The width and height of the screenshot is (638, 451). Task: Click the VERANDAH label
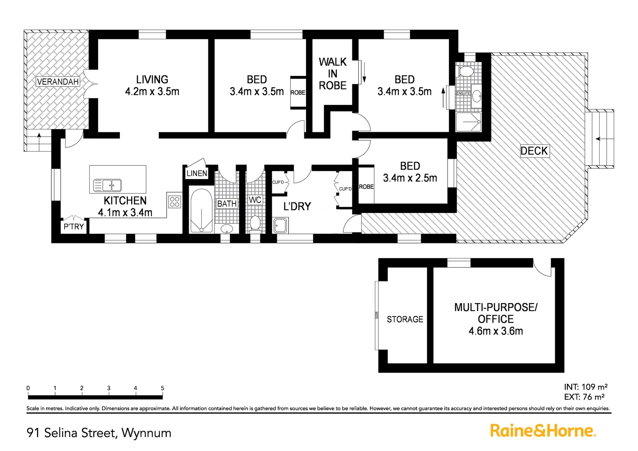coord(58,81)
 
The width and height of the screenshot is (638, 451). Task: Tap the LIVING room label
coord(152,79)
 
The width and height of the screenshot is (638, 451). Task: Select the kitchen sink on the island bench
coord(107,185)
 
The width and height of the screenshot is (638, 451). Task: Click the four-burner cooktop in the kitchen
coord(175,201)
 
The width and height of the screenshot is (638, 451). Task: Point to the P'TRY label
coord(73,227)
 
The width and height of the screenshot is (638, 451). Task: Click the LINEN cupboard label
coord(196,173)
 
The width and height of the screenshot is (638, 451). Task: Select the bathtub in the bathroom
coord(201,211)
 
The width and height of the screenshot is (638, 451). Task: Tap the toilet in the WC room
coord(255,223)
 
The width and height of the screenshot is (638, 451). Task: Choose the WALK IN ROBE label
coord(332,74)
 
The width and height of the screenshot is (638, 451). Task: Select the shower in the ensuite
coord(468,122)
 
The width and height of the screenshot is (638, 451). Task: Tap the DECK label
coord(534,151)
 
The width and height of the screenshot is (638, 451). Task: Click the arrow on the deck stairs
coord(600,139)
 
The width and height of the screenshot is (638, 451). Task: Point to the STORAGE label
coord(405,319)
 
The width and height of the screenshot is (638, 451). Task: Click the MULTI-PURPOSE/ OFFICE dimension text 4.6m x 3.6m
coord(496,331)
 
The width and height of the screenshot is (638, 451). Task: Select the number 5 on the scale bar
coord(162,388)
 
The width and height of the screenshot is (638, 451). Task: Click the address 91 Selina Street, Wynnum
coord(99,433)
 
